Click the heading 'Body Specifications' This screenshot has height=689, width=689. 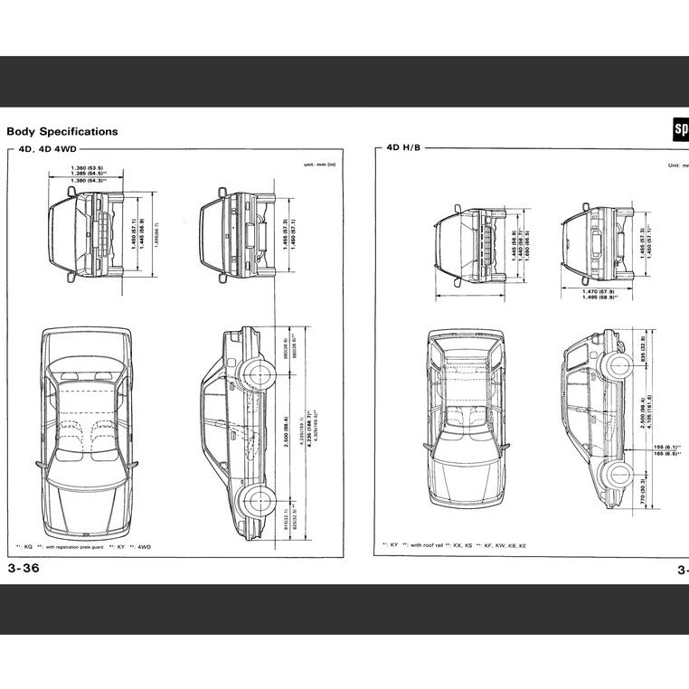pyautogui.click(x=62, y=131)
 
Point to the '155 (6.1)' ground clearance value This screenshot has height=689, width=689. pyautogui.click(x=665, y=448)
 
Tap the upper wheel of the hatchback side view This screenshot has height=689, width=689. pyautogui.click(x=618, y=365)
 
